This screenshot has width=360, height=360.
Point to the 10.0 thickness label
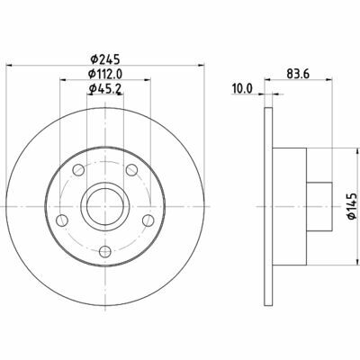pos(240,90)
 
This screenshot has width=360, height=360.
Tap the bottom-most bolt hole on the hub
pos(105,252)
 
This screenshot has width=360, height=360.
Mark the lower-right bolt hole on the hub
pos(149,220)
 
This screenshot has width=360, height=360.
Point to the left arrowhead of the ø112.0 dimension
pos(62,80)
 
